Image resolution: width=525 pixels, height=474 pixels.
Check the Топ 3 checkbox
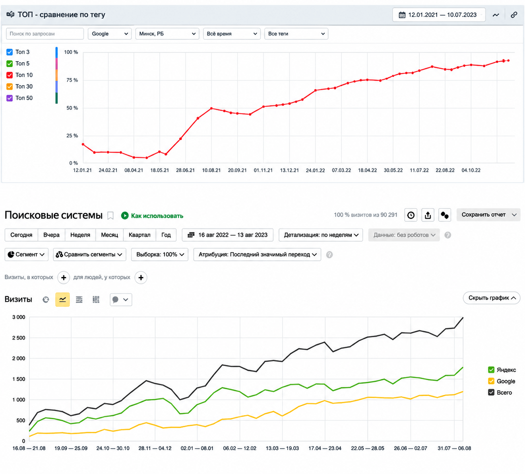(10, 52)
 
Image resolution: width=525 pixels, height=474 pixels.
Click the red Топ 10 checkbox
(10, 75)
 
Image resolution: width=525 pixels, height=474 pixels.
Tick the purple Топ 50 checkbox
(10, 98)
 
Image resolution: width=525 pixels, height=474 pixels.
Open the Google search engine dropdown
(110, 33)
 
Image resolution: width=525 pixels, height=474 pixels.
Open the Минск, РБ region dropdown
(167, 33)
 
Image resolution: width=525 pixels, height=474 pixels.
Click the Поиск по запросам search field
(45, 33)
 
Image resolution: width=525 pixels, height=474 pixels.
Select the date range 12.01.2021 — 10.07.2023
(439, 15)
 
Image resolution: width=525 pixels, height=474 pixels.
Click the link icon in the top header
(514, 15)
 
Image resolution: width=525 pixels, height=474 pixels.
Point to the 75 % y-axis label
(72, 80)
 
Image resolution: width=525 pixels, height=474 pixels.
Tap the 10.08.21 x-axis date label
(211, 170)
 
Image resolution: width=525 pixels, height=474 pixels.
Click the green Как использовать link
(152, 215)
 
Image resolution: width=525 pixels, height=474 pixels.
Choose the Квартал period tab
(139, 235)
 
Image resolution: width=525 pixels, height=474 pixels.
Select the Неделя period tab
(80, 235)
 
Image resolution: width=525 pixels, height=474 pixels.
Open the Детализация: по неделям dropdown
(321, 235)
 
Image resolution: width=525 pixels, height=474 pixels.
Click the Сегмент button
(27, 254)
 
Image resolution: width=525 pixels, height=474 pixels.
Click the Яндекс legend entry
(502, 370)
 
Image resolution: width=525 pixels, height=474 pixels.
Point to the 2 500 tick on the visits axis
(19, 337)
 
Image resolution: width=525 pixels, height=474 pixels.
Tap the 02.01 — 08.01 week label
(197, 448)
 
